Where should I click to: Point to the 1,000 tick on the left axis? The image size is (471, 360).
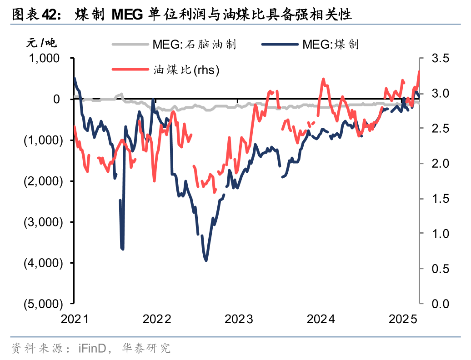[45, 58]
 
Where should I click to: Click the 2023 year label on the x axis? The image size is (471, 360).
[239, 319]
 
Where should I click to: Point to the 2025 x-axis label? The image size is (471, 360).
[404, 319]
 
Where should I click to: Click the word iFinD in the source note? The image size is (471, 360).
[92, 349]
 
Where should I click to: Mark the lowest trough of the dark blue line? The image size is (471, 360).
[206, 260]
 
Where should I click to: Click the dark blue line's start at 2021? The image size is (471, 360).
[75, 78]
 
